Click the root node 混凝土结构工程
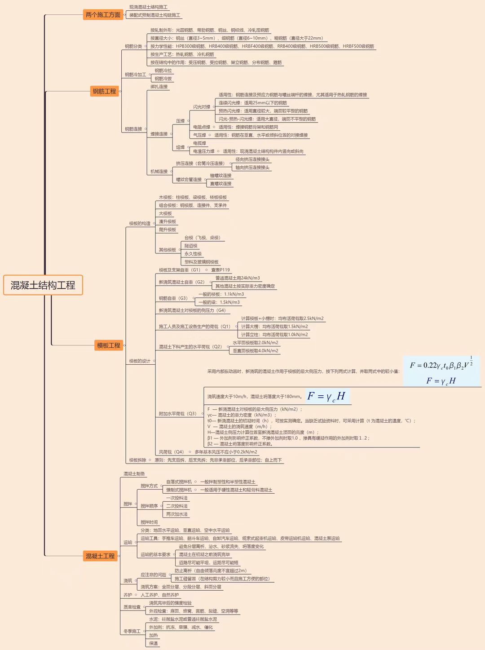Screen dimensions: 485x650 tap(43, 285)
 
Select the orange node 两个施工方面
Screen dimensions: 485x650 tap(103, 15)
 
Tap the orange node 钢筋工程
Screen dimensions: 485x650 tap(104, 91)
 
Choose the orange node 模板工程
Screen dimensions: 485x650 tap(109, 345)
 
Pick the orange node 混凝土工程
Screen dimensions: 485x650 tap(100, 556)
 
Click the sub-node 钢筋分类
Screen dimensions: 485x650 tap(133, 46)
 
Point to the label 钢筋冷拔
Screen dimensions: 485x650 tap(163, 79)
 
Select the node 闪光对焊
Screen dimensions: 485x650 tap(202, 107)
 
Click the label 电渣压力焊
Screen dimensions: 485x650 tap(203, 151)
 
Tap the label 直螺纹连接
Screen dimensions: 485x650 tap(220, 183)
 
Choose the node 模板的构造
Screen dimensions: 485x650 tap(140, 223)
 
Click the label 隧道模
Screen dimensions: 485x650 tap(191, 246)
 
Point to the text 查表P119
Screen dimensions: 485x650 tap(220, 270)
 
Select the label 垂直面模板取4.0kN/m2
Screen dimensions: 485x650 tap(255, 351)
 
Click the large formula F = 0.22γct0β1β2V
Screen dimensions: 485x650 tap(441, 365)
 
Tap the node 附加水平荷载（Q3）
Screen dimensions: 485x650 tap(177, 414)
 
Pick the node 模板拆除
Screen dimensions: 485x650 tap(137, 460)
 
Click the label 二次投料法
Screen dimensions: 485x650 tap(177, 506)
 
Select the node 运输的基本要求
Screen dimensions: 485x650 tap(155, 555)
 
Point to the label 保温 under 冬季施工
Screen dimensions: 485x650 tap(154, 643)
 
